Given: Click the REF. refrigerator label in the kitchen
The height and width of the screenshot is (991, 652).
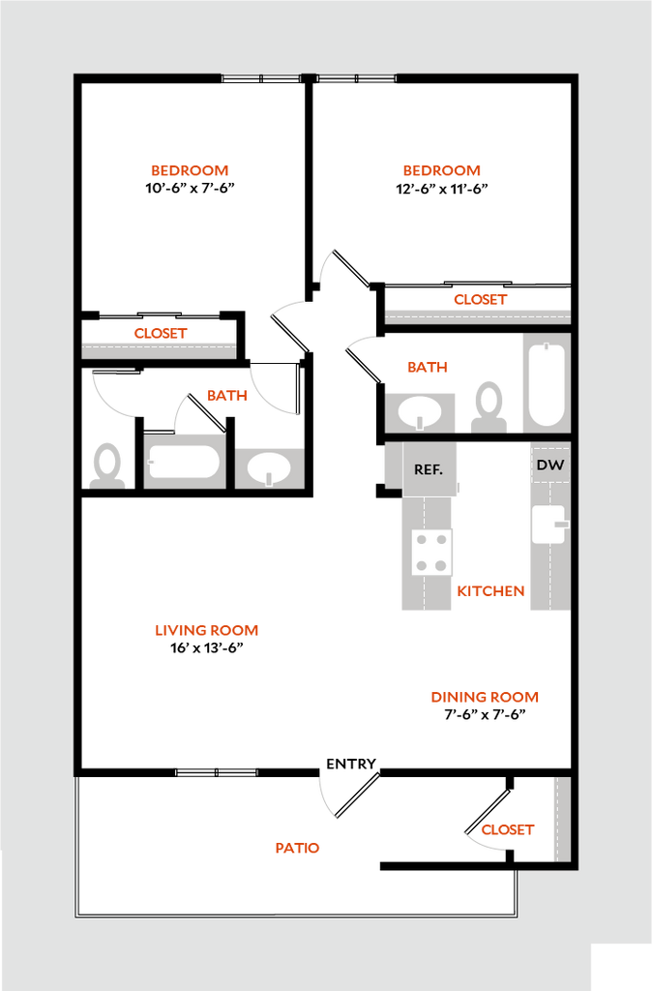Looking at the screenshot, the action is click(x=429, y=469).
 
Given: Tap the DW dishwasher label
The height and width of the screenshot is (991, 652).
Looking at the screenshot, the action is click(x=550, y=465).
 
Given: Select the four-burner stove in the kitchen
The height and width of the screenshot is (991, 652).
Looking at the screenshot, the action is click(x=432, y=552).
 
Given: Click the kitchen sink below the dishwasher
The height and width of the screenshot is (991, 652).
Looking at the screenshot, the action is click(x=549, y=524).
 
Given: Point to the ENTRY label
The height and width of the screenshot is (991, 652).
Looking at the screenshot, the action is click(x=351, y=764).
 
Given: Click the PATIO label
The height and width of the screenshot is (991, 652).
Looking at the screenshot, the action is click(x=298, y=848).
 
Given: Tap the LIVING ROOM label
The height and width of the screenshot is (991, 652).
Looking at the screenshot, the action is click(x=207, y=630).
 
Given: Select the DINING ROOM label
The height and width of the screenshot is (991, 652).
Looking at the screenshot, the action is click(x=485, y=697).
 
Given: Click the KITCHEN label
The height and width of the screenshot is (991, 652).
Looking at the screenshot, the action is click(x=490, y=591).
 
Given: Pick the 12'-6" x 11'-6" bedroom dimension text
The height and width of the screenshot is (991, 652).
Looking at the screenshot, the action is click(x=442, y=189).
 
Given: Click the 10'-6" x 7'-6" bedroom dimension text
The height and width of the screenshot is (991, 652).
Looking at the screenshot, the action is click(x=191, y=188).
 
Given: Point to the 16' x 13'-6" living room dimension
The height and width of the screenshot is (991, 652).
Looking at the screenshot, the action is click(x=207, y=647).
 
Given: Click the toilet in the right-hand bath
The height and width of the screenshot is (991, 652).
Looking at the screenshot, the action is click(x=489, y=407).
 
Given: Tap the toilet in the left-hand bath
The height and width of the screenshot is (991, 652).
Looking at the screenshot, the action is click(x=106, y=465).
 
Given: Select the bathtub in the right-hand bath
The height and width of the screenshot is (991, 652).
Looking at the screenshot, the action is click(x=547, y=383).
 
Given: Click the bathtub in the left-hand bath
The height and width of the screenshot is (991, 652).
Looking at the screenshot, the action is click(x=184, y=462).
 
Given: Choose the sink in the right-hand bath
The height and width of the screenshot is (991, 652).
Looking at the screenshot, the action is click(x=420, y=412).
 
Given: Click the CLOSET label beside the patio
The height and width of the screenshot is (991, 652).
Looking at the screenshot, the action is click(x=508, y=829).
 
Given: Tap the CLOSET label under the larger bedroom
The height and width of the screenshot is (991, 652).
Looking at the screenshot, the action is click(x=481, y=299).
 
